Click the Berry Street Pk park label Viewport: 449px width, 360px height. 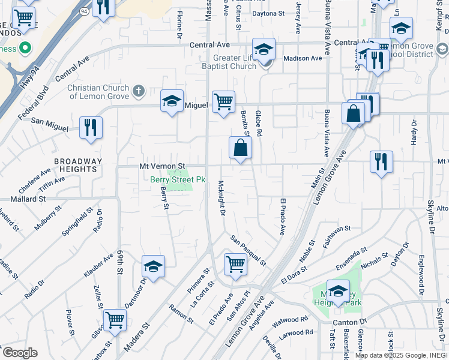pos(178,179)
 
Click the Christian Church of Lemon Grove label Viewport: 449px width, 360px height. pos(98,92)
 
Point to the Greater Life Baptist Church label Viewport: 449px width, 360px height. pos(235,62)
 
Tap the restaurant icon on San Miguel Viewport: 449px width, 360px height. pos(91,128)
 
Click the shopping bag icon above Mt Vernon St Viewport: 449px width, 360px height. pos(240,148)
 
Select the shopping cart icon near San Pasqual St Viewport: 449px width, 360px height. pos(235,263)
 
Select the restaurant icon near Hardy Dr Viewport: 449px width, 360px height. pos(381,161)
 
